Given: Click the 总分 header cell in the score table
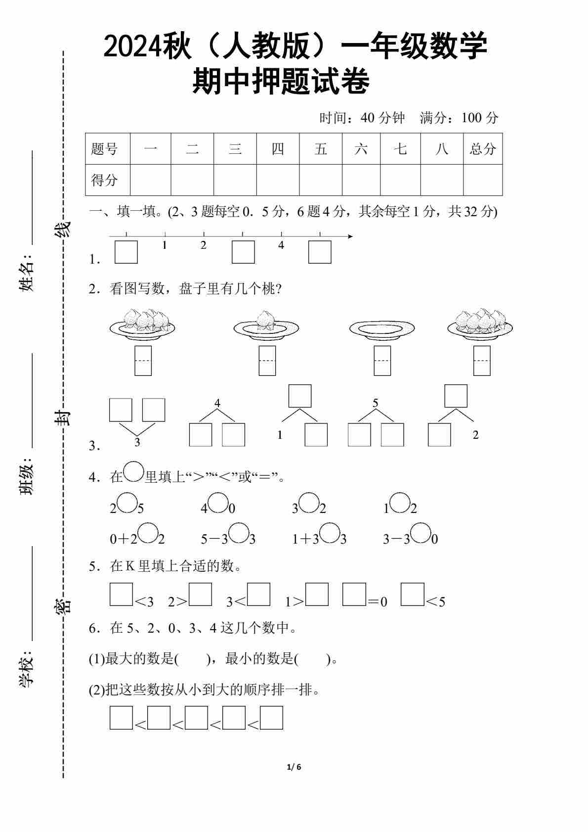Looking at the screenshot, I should tap(483, 149).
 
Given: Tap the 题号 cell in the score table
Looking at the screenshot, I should tap(105, 149).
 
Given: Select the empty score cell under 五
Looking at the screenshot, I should tap(321, 180).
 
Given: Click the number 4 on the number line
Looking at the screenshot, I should tap(281, 245).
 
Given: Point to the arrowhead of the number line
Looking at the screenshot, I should tap(350, 236).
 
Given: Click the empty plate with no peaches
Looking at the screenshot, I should tap(381, 328).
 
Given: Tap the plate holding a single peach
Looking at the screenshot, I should tap(266, 326).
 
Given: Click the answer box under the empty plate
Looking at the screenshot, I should tap(382, 361).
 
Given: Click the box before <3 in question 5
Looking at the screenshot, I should tap(121, 595).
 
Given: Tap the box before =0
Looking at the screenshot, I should tap(354, 595).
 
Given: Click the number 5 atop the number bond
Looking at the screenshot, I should tap(375, 403).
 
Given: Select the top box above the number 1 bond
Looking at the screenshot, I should tap(300, 396).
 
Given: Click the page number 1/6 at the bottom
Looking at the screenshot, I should tap(294, 767).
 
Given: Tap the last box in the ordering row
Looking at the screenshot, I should tap(271, 718).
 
